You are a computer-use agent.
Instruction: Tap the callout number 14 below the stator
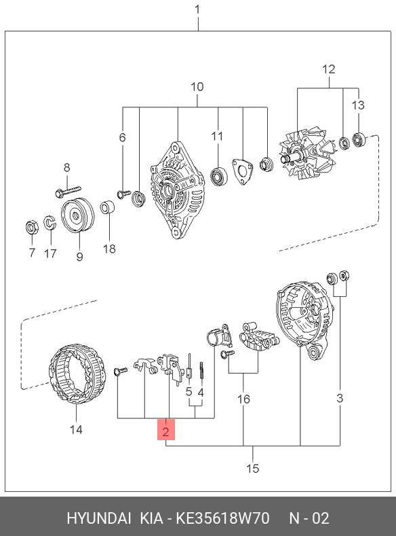pos(76,429)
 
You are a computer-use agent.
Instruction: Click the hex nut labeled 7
pos(32,228)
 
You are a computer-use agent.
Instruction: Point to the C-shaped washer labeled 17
pos(49,223)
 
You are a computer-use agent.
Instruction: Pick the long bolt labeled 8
pos(68,192)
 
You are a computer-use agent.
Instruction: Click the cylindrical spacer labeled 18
pos(107,208)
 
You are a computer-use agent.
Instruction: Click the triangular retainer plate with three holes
pos(243,171)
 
